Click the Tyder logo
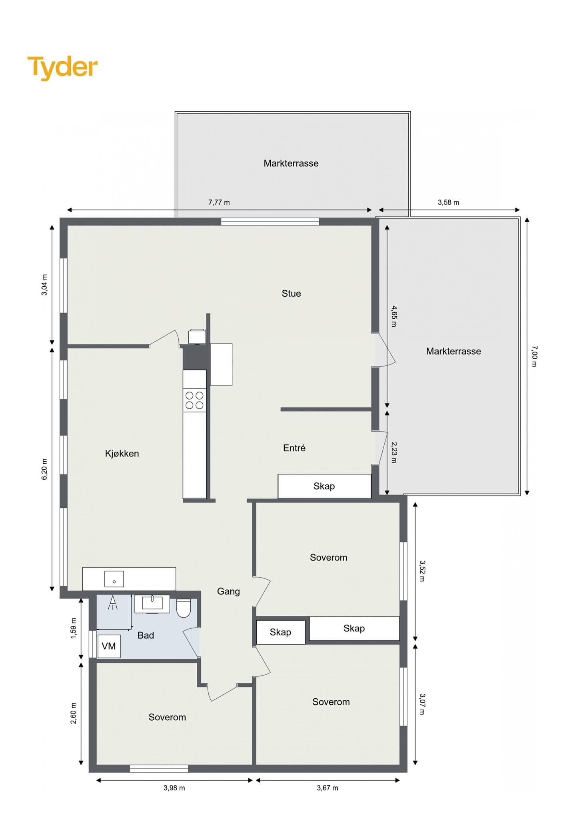tap(62, 67)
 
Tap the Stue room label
tap(291, 293)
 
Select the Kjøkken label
tap(122, 454)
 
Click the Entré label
tap(294, 448)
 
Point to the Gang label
tap(228, 592)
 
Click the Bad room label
tap(146, 635)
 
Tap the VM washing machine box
tap(109, 646)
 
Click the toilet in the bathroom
tap(184, 608)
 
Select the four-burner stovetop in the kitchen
tap(195, 400)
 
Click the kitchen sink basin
tap(114, 579)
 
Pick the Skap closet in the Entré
tap(324, 486)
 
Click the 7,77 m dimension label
tap(219, 203)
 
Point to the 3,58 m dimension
tap(449, 203)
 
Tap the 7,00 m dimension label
tap(535, 356)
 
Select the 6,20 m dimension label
tap(44, 469)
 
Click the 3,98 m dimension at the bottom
tap(174, 788)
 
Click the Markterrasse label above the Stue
tap(291, 163)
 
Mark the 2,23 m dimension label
tap(394, 452)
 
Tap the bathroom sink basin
tap(152, 604)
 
